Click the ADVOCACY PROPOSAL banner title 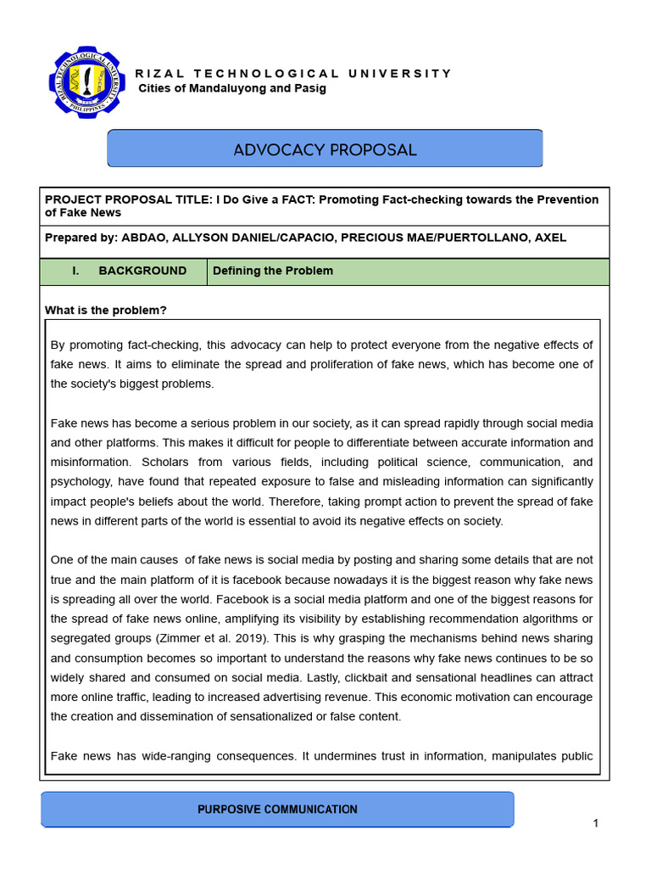325,150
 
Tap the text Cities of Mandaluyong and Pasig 231,88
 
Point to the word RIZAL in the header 154,73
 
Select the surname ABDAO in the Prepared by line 146,238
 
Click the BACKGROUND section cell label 142,271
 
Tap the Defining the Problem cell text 273,271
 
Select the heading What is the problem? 106,311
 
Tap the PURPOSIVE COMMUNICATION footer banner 277,810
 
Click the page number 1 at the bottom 596,823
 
